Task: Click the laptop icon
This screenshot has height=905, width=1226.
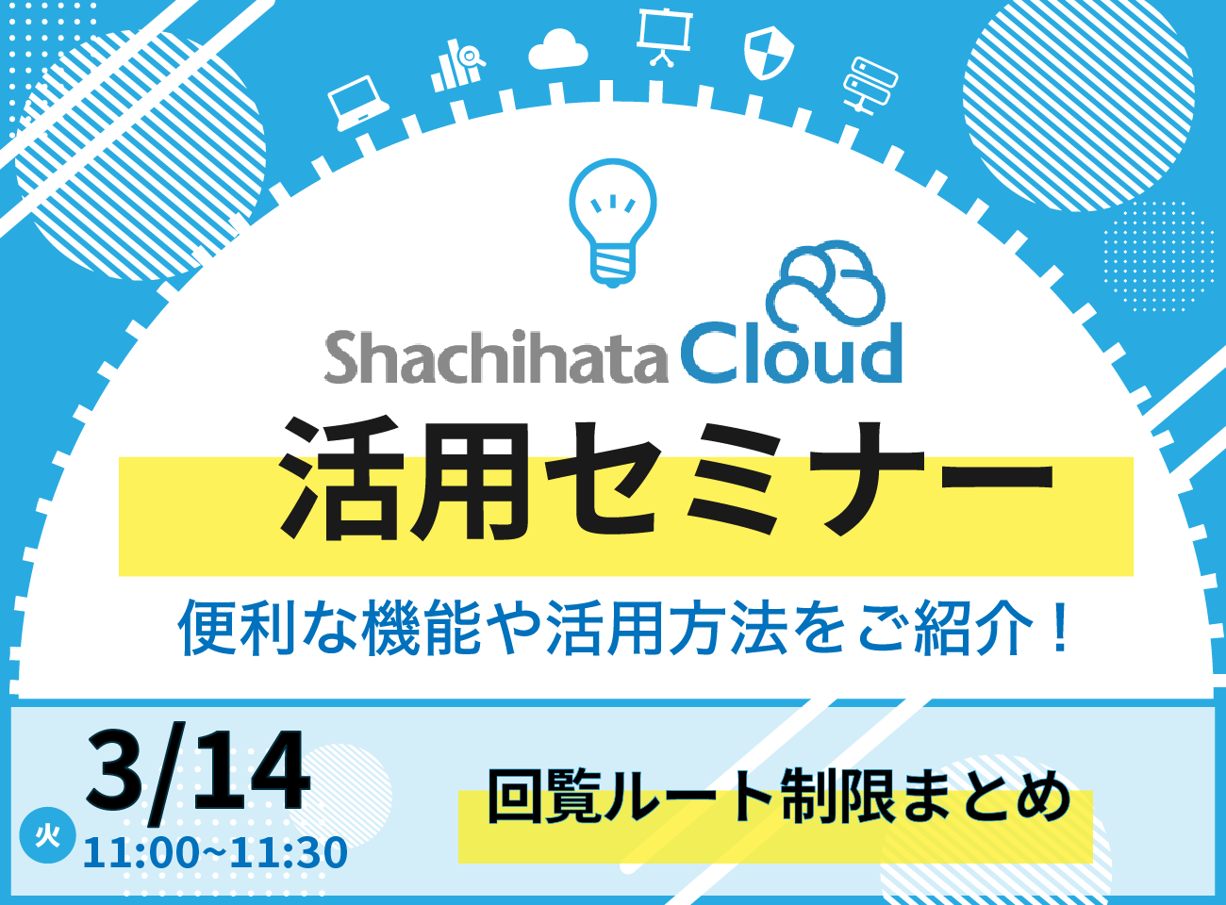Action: (x=357, y=104)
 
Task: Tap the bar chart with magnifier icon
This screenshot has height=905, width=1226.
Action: (x=457, y=65)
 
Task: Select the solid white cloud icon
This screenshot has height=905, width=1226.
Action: (x=557, y=50)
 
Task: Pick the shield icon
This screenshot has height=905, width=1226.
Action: (x=768, y=52)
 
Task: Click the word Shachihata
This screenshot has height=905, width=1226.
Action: (x=496, y=357)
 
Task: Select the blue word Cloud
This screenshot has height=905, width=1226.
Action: (x=791, y=354)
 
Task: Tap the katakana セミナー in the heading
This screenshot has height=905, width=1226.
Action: (x=799, y=479)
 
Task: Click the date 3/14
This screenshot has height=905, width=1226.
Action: (x=197, y=769)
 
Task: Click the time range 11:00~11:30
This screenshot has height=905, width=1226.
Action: (x=215, y=853)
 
